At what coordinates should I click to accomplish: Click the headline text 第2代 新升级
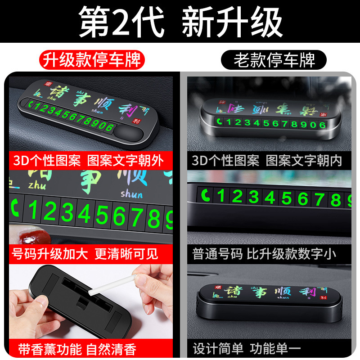point(180,22)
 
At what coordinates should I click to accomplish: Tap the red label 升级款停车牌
point(91,59)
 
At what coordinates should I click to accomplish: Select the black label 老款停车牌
point(274,59)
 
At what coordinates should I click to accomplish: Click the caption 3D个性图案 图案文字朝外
point(88,160)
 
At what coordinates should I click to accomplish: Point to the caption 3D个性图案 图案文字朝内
point(267,160)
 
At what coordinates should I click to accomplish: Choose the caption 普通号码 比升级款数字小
point(264,254)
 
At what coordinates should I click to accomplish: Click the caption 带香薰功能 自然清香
point(77,349)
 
